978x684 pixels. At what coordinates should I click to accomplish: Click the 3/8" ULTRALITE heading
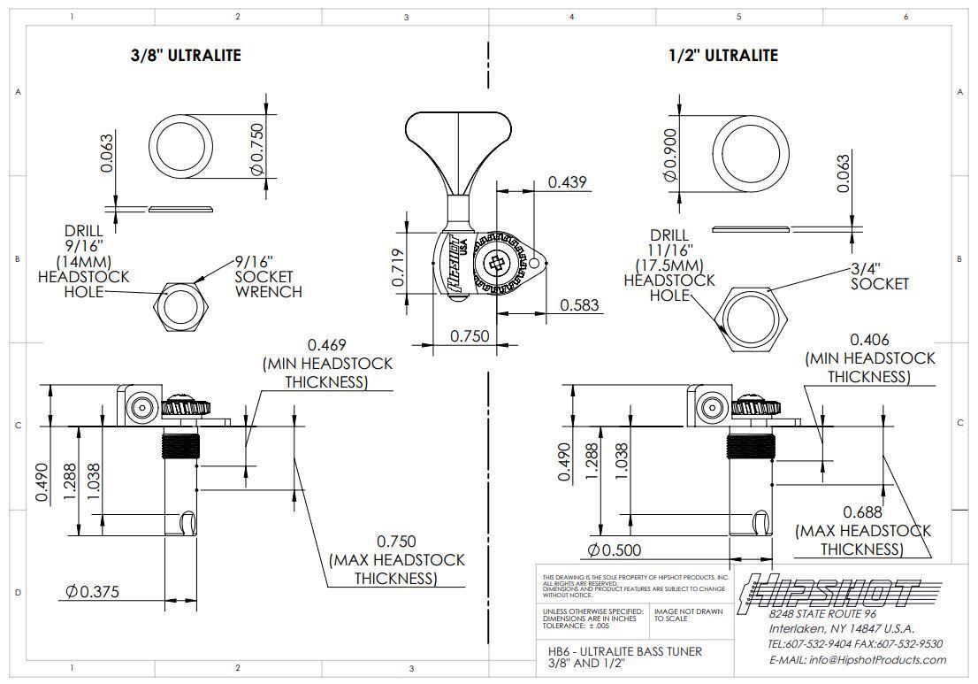186,55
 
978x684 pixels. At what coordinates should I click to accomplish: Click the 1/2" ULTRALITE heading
723,56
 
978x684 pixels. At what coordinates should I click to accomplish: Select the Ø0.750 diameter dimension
257,148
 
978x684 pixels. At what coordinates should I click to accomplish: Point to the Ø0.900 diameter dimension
670,155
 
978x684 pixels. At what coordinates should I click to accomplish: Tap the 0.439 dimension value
567,181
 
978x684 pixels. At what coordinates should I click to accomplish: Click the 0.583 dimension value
579,305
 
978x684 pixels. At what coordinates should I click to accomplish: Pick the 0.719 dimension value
398,268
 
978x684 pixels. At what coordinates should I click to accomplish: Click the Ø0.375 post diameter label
92,592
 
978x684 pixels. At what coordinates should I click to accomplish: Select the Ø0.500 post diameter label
615,550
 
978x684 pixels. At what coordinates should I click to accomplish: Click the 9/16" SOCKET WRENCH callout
268,276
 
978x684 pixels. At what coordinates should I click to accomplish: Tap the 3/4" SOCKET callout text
880,276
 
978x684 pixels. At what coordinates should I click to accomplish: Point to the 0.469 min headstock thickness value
327,344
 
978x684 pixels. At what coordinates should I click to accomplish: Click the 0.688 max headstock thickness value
863,512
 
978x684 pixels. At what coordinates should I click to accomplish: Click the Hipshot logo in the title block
829,591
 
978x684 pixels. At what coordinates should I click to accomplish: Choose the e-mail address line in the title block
858,659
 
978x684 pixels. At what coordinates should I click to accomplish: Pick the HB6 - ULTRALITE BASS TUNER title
625,651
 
